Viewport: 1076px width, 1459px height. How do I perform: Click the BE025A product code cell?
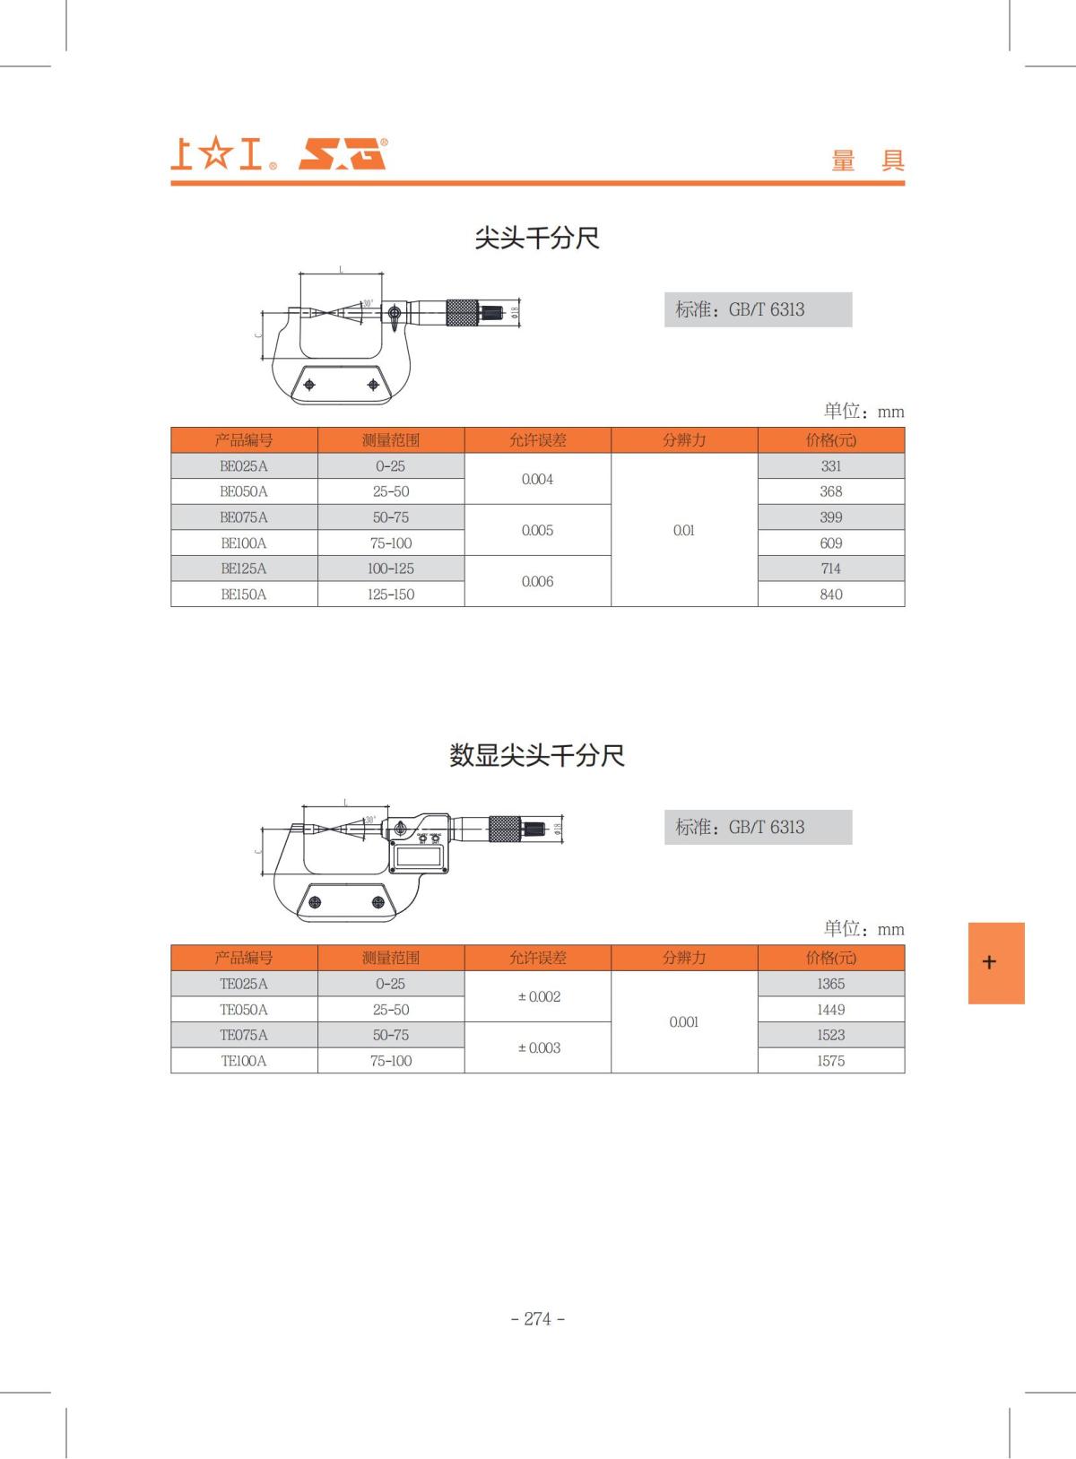[244, 466]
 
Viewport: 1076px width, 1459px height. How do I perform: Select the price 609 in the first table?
[830, 543]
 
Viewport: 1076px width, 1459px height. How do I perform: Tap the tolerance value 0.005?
[537, 530]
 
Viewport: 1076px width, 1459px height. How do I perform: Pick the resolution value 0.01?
[683, 530]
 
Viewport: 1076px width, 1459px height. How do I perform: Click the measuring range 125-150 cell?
[391, 595]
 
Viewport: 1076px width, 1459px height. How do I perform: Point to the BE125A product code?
[244, 569]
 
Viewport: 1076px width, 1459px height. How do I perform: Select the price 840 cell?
[830, 595]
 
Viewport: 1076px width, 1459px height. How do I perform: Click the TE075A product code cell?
[244, 1035]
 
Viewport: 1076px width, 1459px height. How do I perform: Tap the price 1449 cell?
[830, 1010]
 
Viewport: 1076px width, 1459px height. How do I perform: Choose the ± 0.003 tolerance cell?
[538, 1047]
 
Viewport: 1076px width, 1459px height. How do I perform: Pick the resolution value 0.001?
[683, 1022]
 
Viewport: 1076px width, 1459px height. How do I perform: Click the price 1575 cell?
[830, 1061]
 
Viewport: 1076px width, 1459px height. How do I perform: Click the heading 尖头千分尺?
[536, 238]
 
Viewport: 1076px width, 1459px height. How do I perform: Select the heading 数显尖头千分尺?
[536, 755]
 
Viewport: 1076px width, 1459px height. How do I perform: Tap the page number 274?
[537, 1318]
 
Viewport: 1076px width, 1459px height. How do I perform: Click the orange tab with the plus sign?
[995, 962]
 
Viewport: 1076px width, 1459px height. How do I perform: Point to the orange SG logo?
[343, 154]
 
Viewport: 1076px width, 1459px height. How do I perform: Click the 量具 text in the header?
[867, 161]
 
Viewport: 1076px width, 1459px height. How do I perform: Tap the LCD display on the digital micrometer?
[419, 856]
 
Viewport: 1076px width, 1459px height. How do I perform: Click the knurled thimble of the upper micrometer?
[462, 313]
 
